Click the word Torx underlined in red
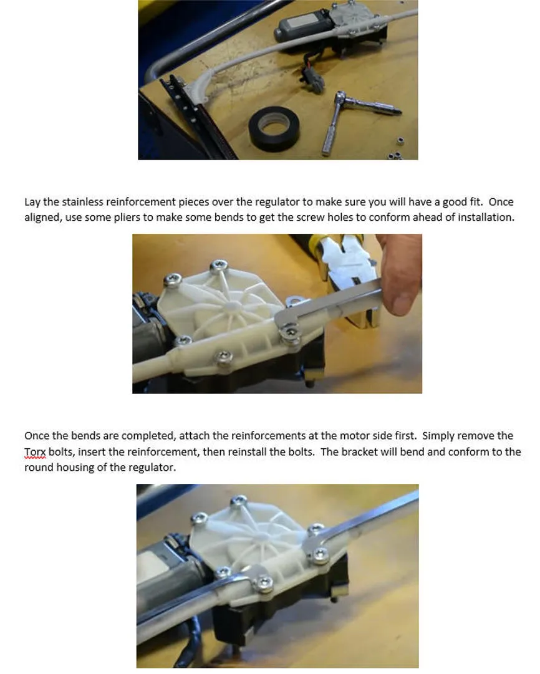click(35, 452)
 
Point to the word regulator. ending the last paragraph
click(155, 468)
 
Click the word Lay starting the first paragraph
click(32, 202)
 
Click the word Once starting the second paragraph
click(37, 436)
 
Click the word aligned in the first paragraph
click(43, 218)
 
